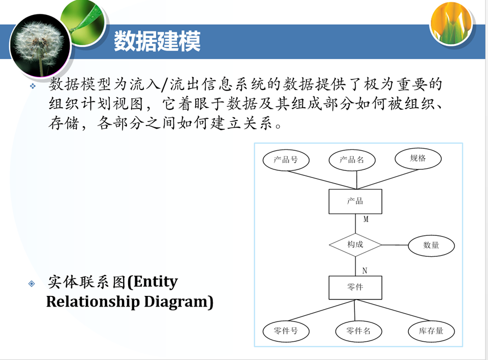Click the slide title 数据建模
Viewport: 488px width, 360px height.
tap(157, 41)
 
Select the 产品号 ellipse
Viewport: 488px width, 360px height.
tap(286, 160)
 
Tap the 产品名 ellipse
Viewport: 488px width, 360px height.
tap(352, 160)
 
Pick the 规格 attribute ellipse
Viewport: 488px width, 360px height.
tap(418, 158)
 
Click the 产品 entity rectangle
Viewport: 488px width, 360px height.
tap(355, 201)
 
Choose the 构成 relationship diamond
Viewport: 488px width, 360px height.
tap(355, 245)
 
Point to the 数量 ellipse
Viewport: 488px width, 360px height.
tap(431, 245)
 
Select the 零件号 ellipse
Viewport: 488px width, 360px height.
tap(285, 332)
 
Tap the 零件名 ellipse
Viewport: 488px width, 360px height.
tap(358, 332)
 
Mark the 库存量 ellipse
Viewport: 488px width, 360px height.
tap(431, 331)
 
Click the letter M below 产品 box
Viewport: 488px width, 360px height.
tap(365, 219)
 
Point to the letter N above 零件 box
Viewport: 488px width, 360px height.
tap(364, 269)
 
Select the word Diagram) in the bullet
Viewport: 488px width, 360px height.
tap(178, 302)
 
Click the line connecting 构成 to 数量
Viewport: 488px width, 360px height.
tap(394, 245)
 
